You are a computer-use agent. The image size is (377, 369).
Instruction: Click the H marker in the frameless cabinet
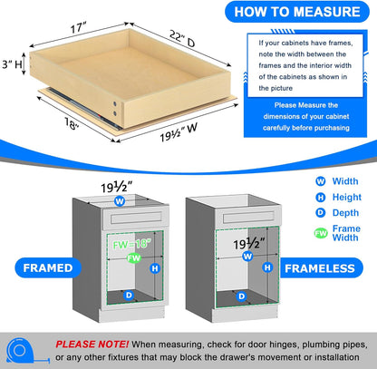pyautogui.click(x=269, y=269)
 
